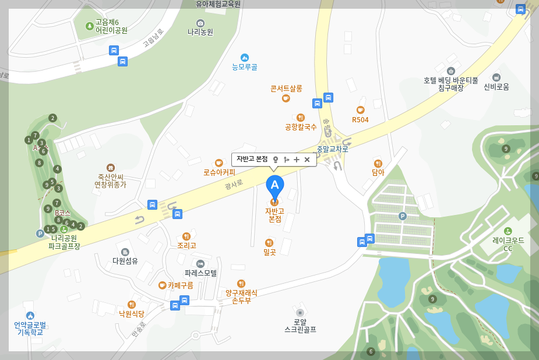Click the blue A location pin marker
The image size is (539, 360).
[275, 186]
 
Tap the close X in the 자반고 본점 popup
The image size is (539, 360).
[307, 160]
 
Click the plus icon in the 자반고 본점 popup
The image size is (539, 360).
[297, 160]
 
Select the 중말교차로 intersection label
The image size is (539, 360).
[332, 149]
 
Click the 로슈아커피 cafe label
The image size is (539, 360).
[219, 172]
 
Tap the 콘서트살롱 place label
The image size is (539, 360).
[286, 89]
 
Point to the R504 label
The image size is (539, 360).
[360, 119]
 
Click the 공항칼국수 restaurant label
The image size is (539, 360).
[301, 126]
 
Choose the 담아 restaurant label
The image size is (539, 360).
[378, 172]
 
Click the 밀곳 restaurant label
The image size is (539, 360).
[269, 252]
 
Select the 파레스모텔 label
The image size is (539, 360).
[200, 272]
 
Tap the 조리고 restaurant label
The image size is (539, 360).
[186, 245]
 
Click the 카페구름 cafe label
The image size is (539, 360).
[180, 285]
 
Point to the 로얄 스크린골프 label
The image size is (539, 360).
[300, 325]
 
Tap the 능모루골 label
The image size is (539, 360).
[245, 66]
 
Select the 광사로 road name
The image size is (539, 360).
[234, 185]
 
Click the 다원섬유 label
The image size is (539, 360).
[125, 260]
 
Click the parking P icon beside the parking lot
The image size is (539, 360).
[402, 216]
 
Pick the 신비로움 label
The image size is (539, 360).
[496, 86]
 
